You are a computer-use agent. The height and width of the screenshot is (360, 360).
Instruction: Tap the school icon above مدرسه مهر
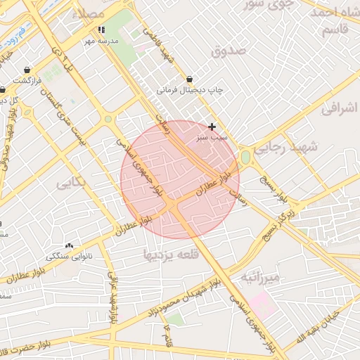[x=102, y=30]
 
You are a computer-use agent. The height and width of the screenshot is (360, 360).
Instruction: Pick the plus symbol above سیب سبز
[x=212, y=127]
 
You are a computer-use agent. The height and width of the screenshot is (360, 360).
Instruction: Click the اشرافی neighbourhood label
[x=340, y=108]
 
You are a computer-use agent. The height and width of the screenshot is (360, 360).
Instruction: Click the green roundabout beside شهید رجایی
[x=246, y=157]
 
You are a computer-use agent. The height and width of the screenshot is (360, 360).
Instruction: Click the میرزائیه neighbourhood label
[x=261, y=277]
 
